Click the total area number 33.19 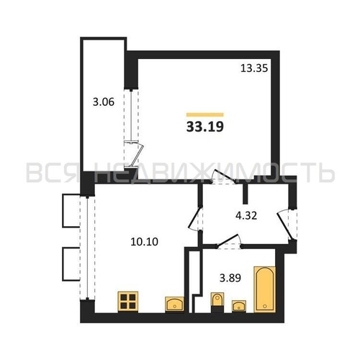click(x=205, y=127)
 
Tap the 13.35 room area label click(x=254, y=68)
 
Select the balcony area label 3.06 click(x=104, y=102)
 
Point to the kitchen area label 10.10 click(x=144, y=242)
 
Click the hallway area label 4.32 click(x=246, y=215)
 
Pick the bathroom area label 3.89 click(x=230, y=279)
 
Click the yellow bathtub click(x=265, y=289)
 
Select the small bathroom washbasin click(x=239, y=306)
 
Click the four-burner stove click(x=128, y=302)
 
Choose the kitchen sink click(x=174, y=305)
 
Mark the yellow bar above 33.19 click(x=205, y=114)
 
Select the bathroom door click(x=228, y=241)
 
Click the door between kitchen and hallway click(x=195, y=218)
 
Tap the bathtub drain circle click(x=265, y=306)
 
